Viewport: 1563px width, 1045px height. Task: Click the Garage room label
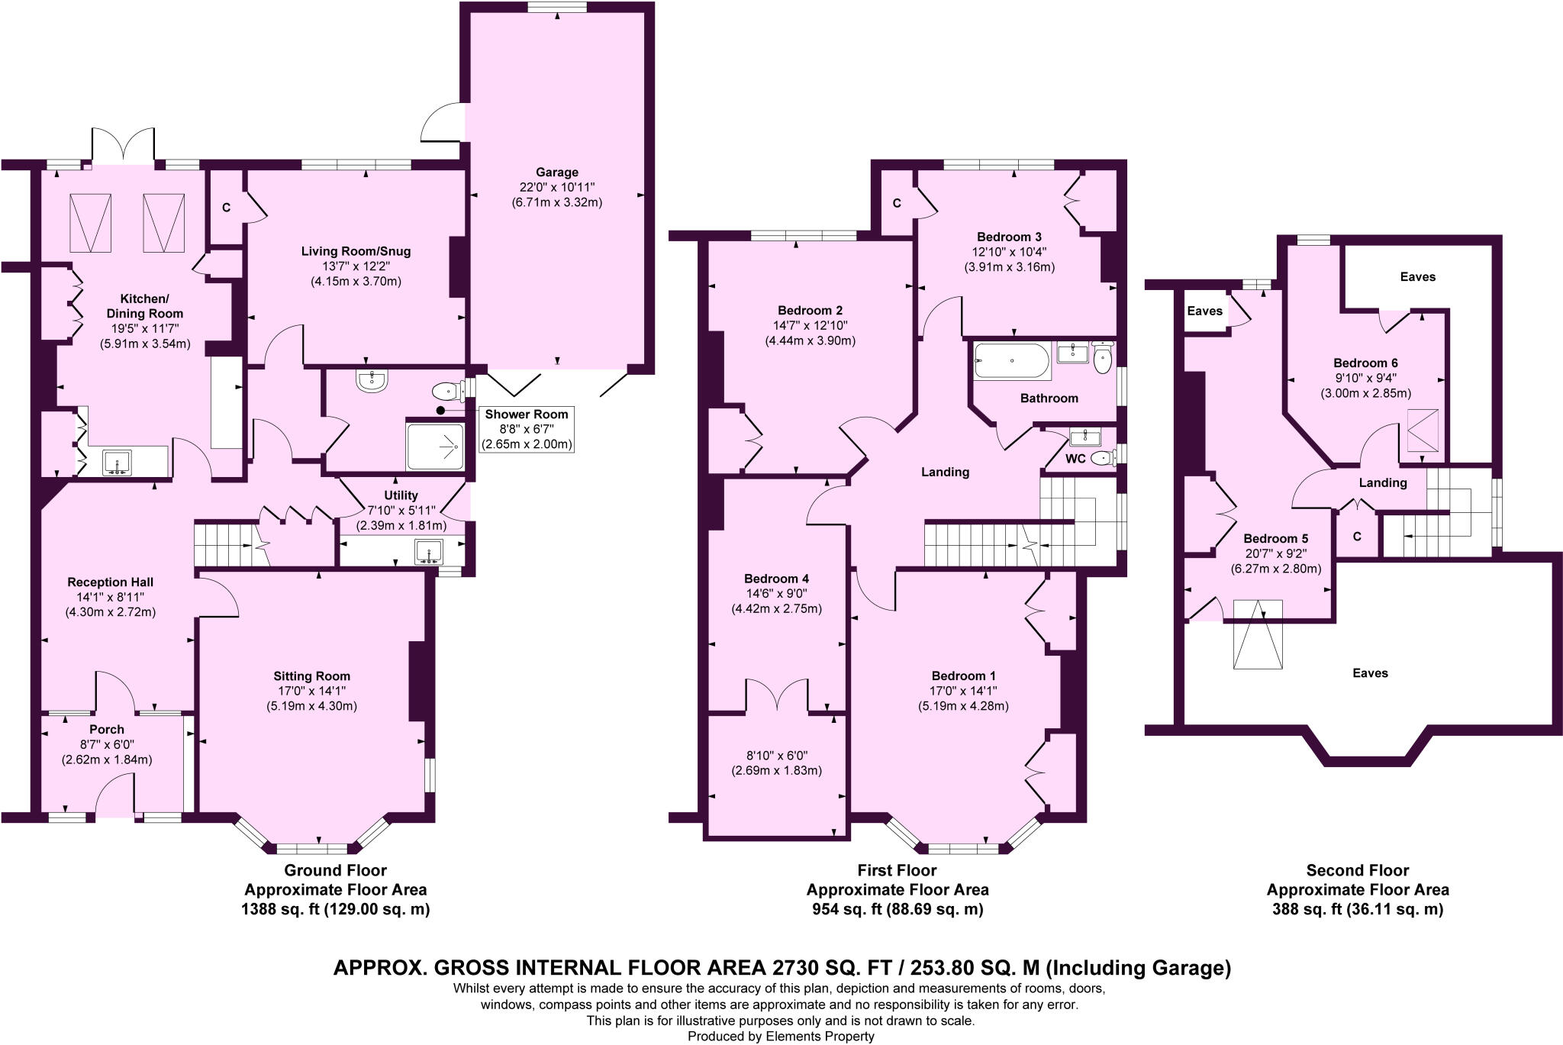[x=556, y=173]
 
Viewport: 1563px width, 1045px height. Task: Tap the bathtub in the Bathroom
[x=1012, y=361]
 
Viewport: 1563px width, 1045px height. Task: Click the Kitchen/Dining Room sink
[x=117, y=463]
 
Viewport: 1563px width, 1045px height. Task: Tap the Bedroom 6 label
[x=1365, y=363]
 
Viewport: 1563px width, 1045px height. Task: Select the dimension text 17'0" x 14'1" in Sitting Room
[x=311, y=691]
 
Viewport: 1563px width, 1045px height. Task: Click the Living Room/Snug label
[x=356, y=251]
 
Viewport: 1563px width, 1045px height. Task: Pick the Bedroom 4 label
[x=776, y=579]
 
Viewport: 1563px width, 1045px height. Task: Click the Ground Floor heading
[x=335, y=870]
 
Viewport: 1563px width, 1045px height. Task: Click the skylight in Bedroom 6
[x=1423, y=431]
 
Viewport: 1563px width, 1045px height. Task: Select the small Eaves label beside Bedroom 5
[x=1205, y=311]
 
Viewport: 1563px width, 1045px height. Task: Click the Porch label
[x=106, y=730]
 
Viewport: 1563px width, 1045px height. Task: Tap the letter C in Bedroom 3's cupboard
[x=897, y=203]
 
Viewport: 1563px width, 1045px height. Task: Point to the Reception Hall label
[x=110, y=582]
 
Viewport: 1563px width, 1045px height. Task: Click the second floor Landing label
[x=1382, y=482]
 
